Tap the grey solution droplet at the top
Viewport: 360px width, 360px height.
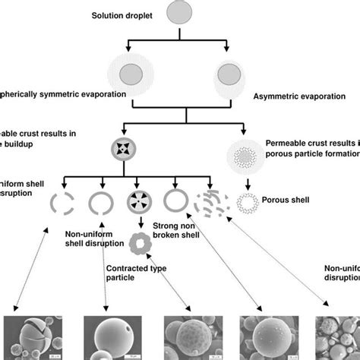(180, 14)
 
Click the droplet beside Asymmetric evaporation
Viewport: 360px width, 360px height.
(226, 77)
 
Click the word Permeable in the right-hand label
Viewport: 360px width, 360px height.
(286, 141)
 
